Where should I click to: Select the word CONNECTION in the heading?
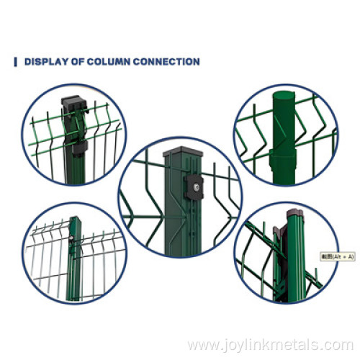(x=169, y=62)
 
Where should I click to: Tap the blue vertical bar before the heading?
(x=16, y=62)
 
